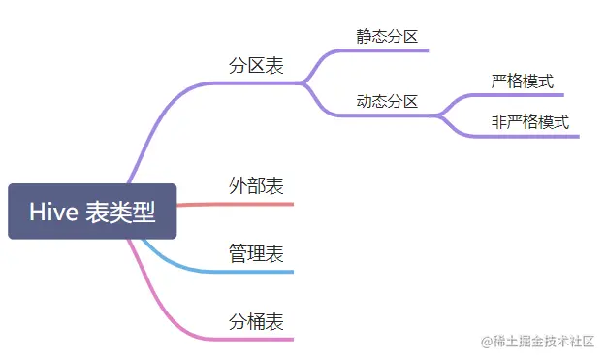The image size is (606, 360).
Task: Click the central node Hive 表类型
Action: pyautogui.click(x=92, y=212)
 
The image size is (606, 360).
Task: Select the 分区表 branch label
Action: pyautogui.click(x=256, y=66)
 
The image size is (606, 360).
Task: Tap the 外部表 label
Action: pyautogui.click(x=256, y=185)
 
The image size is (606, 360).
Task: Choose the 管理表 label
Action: pyautogui.click(x=256, y=253)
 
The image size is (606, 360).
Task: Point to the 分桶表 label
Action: pyautogui.click(x=256, y=321)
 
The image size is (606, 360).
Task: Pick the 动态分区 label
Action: pyautogui.click(x=386, y=101)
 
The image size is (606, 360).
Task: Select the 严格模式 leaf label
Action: pyautogui.click(x=522, y=82)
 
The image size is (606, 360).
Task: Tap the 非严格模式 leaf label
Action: pyautogui.click(x=529, y=122)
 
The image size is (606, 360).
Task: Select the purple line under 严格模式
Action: pyautogui.click(x=519, y=95)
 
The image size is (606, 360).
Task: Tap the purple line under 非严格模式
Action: pyautogui.click(x=528, y=136)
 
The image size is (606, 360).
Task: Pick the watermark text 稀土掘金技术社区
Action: pyautogui.click(x=536, y=341)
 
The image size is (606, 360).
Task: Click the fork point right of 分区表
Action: pyautogui.click(x=305, y=83)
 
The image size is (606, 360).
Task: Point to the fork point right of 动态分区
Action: pyautogui.click(x=442, y=115)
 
